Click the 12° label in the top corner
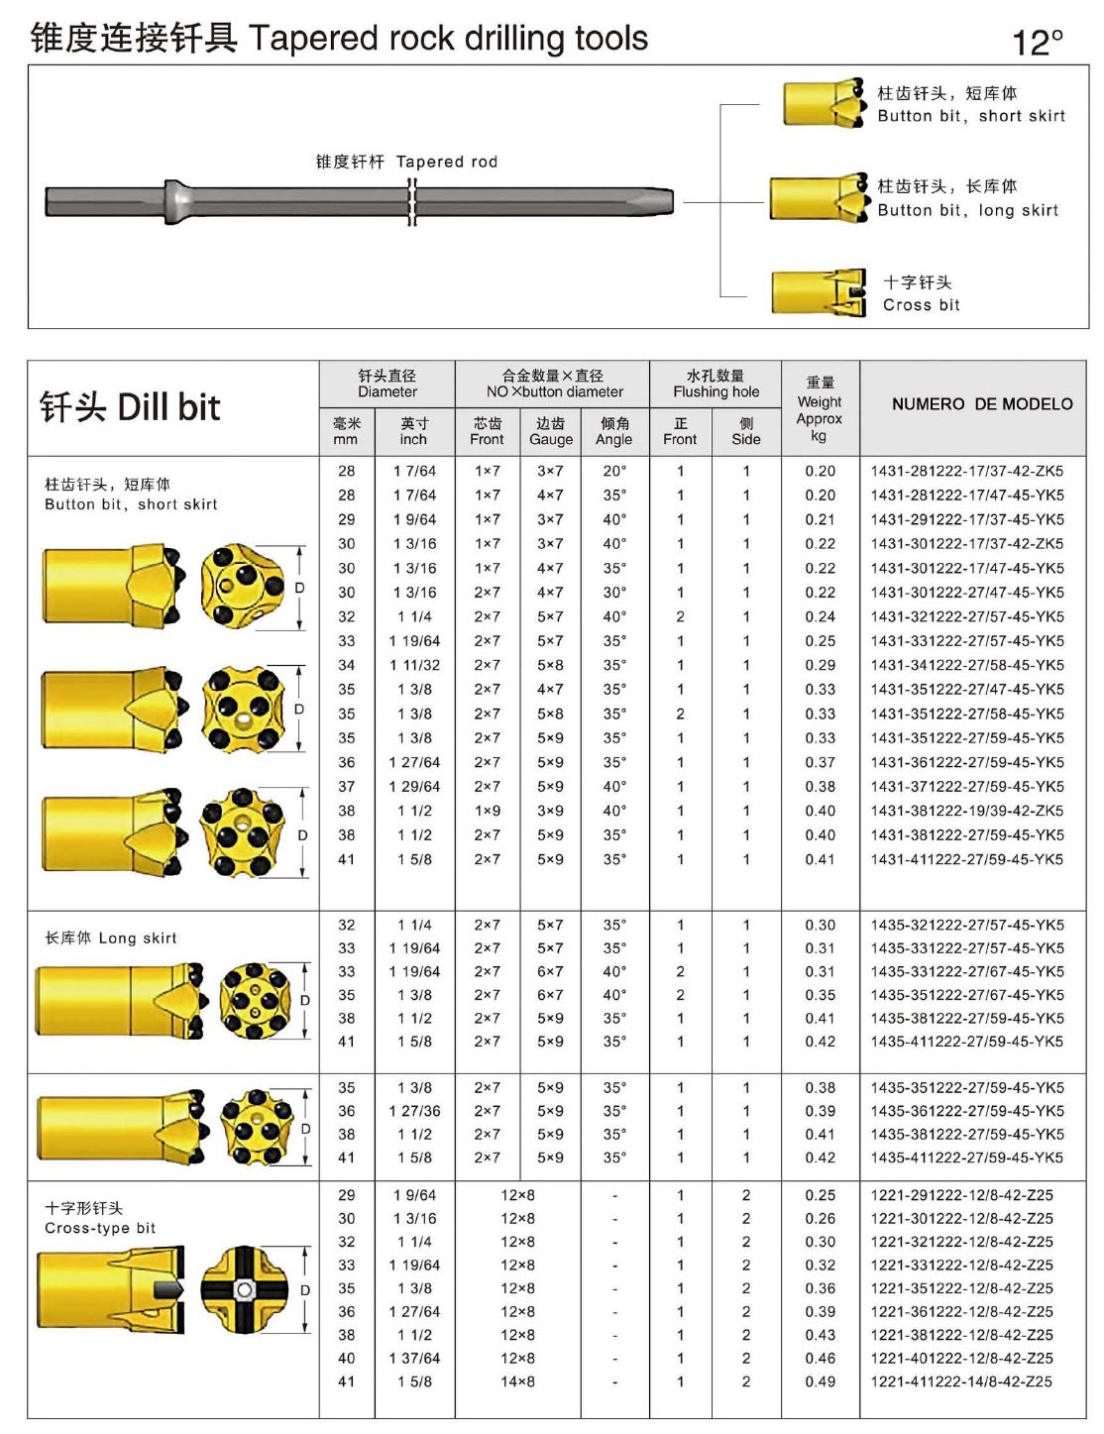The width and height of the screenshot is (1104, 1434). coord(1037,42)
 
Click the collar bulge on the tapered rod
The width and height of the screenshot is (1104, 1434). coord(175,201)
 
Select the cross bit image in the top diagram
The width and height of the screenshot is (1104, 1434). coord(819,293)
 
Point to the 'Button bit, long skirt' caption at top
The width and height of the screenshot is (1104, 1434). coord(967,210)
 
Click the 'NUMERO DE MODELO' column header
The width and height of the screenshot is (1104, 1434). coord(981,404)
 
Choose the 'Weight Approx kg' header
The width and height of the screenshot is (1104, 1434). coord(820,408)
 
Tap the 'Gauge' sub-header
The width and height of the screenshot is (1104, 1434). coord(551,439)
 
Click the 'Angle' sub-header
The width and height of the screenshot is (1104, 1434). coord(614,439)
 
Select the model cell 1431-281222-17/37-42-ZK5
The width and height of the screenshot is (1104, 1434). coord(966,471)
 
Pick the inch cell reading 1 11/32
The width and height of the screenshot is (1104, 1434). coord(414,665)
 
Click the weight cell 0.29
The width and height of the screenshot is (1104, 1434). coord(820,665)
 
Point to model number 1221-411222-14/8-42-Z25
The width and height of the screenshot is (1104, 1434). coord(961,1381)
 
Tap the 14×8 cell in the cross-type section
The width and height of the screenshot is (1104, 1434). coord(517,1381)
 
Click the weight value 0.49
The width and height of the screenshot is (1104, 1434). coord(820,1381)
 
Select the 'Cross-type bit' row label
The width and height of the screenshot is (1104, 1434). coord(100,1228)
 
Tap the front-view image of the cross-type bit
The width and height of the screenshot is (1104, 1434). coord(244,1289)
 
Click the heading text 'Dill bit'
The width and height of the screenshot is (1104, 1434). coord(168,407)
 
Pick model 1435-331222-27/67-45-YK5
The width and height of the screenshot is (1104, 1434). coord(966,972)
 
